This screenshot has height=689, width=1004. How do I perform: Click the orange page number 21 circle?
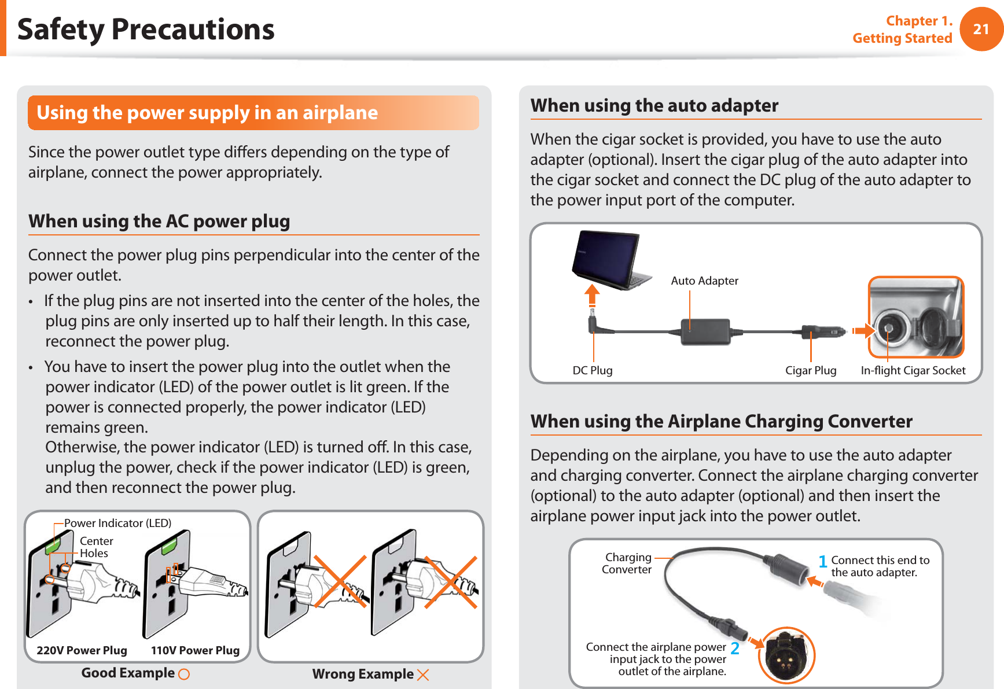981,29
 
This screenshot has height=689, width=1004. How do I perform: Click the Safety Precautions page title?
146,29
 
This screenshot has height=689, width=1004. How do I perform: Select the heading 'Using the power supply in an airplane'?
207,112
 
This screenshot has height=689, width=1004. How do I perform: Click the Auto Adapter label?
704,281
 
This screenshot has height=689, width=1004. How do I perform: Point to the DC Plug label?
592,370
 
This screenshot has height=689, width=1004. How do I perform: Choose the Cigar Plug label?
810,370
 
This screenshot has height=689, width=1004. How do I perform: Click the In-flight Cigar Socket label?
913,370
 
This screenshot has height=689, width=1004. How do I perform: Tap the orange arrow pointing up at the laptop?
591,295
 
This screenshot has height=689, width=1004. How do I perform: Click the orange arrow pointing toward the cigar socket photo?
863,331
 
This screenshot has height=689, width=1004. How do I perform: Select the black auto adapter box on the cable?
705,331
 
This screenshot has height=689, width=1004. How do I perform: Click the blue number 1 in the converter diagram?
822,561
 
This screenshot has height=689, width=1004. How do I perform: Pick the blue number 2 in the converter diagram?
735,648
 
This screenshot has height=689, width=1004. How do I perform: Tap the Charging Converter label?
627,563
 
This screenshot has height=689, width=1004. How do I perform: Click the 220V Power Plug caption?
82,650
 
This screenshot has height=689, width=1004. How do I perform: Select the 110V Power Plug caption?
195,650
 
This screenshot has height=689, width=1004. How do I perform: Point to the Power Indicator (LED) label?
117,523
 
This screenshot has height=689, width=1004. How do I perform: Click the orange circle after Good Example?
184,674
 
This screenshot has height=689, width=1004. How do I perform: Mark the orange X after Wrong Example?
423,675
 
